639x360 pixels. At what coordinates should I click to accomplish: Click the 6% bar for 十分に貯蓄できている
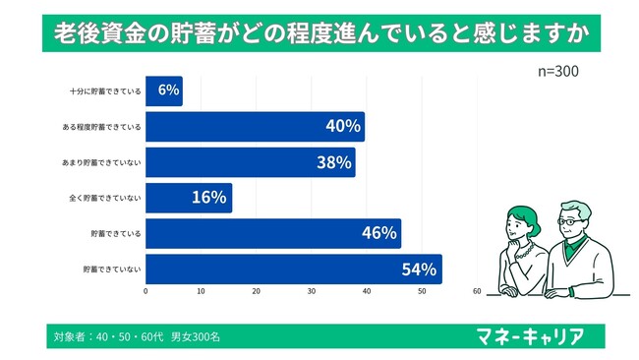click(x=164, y=90)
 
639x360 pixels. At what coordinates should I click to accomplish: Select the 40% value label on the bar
click(x=341, y=127)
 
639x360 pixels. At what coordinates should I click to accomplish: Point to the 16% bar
click(x=189, y=198)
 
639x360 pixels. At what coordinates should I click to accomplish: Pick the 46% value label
click(x=378, y=233)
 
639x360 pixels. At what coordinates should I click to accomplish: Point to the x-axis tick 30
click(x=312, y=291)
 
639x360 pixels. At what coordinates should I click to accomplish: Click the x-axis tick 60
click(x=477, y=291)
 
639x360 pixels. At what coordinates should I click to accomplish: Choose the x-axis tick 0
click(x=145, y=291)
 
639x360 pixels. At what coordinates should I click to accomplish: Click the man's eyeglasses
click(x=569, y=222)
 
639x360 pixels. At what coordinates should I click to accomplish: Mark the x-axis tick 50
click(x=422, y=291)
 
